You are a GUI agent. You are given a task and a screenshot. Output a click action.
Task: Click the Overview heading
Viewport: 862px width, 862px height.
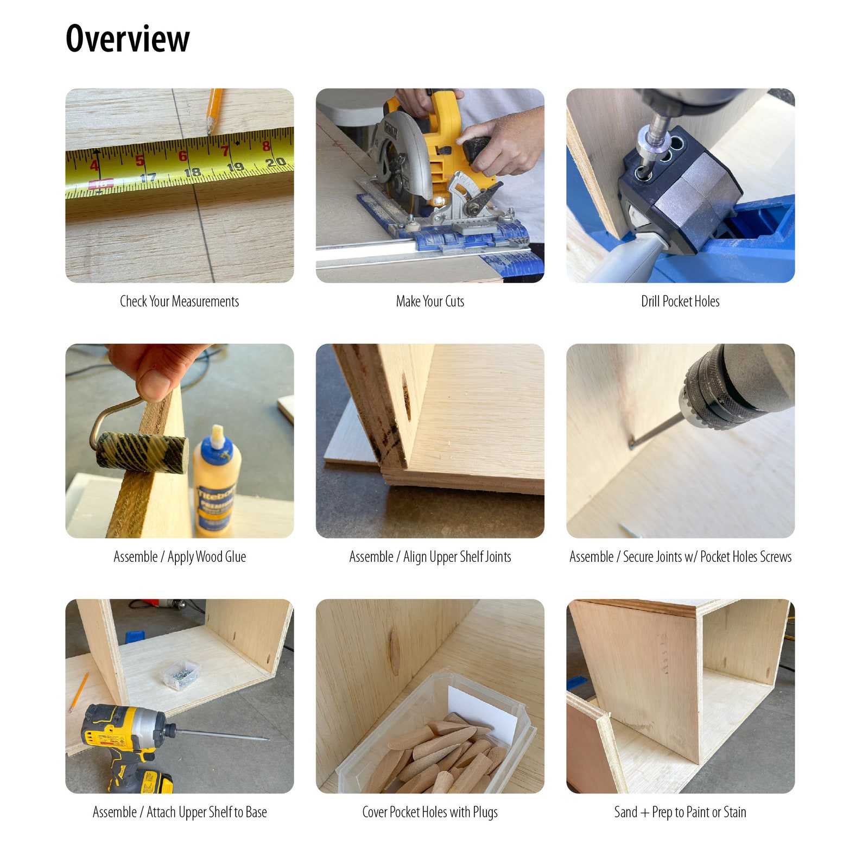pyautogui.click(x=128, y=39)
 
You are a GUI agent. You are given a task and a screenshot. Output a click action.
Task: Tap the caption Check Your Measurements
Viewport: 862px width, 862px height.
pyautogui.click(x=179, y=301)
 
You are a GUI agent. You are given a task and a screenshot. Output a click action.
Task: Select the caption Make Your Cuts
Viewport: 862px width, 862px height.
pyautogui.click(x=430, y=301)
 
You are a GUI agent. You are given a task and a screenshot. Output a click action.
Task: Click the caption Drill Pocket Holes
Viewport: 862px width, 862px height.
pyautogui.click(x=680, y=301)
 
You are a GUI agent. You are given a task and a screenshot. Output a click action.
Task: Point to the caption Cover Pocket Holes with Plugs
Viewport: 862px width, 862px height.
pyautogui.click(x=430, y=812)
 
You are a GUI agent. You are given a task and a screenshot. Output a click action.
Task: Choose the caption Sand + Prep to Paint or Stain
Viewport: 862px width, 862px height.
pyautogui.click(x=680, y=812)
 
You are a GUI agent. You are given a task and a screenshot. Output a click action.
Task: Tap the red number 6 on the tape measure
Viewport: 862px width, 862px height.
pyautogui.click(x=183, y=156)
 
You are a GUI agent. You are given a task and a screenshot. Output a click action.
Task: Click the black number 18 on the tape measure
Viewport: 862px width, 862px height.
pyautogui.click(x=192, y=173)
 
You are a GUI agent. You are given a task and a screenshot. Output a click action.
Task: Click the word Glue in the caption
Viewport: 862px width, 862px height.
pyautogui.click(x=236, y=556)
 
